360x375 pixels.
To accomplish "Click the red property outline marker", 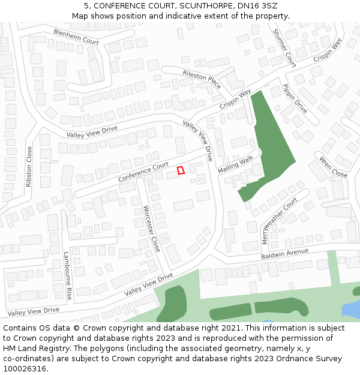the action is click(181, 170).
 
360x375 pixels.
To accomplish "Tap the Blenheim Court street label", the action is click(76, 37).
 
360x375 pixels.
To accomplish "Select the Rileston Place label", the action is click(202, 77).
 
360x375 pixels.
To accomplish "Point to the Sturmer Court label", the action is click(284, 48).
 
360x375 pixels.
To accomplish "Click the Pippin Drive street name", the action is click(295, 98).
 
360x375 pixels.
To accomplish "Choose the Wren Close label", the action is click(333, 167).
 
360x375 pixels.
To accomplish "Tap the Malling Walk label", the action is click(236, 162).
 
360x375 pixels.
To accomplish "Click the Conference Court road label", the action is click(143, 173).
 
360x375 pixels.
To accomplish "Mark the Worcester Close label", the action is click(152, 228).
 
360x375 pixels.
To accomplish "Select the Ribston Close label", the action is click(29, 167).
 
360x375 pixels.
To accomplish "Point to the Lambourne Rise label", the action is click(68, 276).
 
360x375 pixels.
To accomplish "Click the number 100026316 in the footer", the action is click(24, 368).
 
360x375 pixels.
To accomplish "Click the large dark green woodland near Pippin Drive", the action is click(271, 144).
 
